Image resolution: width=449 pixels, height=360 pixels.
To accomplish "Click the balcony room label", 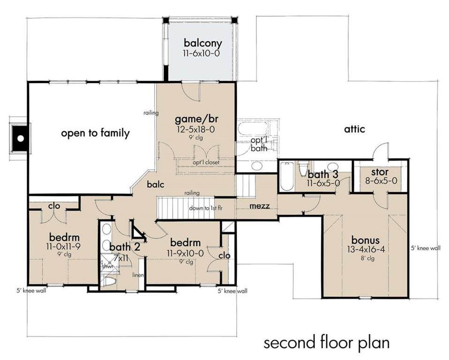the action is coord(203,43).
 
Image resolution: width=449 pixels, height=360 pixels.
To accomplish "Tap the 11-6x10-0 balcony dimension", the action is coord(202,53).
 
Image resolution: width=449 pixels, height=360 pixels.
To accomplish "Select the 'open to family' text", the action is coord(95,133).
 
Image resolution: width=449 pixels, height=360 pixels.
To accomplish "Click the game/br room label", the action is coord(195,119).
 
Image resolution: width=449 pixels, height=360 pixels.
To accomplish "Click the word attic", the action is coord(354,129).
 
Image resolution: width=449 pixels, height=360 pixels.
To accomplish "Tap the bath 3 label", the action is coord(323,174).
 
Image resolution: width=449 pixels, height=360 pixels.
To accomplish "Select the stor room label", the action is coord(380,172).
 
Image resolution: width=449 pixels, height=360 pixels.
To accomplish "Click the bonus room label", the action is coord(366,240).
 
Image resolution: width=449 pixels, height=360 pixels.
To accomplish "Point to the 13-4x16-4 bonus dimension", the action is coord(366,249).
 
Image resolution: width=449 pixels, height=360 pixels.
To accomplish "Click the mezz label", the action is coord(260,206).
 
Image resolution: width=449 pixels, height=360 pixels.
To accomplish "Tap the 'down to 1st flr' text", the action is coord(206,208).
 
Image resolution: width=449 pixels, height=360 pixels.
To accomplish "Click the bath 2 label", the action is coord(125,247).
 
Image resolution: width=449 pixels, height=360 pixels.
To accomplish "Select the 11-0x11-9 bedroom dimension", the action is coord(64,246).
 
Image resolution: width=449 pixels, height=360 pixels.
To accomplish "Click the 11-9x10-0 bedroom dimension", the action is coord(185,253).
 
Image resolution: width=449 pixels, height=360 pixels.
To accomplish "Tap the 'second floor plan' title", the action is coord(327,343).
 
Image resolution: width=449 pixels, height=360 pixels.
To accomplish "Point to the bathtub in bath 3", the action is coord(286,176).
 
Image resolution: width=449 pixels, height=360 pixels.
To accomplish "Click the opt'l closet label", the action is coord(206,162).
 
